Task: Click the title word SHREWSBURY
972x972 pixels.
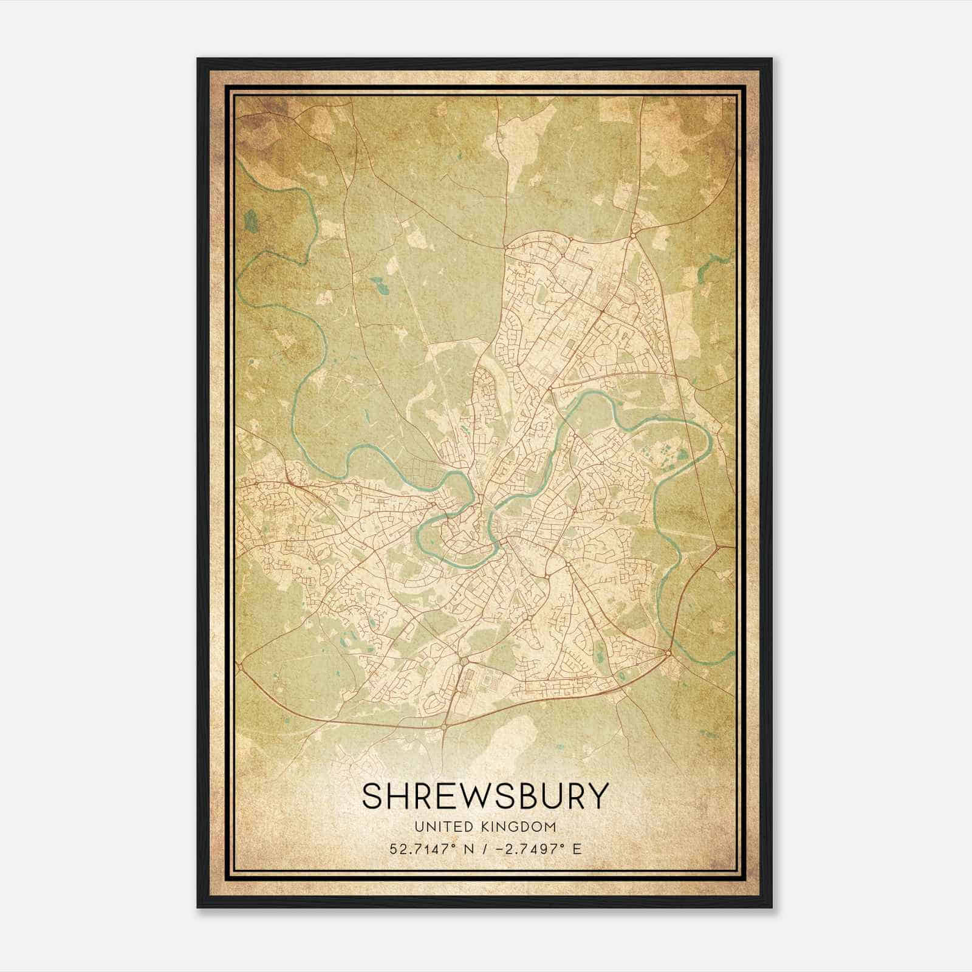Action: point(485,796)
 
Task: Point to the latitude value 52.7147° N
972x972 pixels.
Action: point(430,849)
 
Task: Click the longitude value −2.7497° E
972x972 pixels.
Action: point(537,849)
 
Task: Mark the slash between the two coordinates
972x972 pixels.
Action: point(483,849)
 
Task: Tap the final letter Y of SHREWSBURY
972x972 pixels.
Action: point(598,796)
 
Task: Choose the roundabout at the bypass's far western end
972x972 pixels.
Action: point(242,666)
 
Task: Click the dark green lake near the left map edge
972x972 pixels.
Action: point(250,221)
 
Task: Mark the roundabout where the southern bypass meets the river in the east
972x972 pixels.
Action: point(668,653)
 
